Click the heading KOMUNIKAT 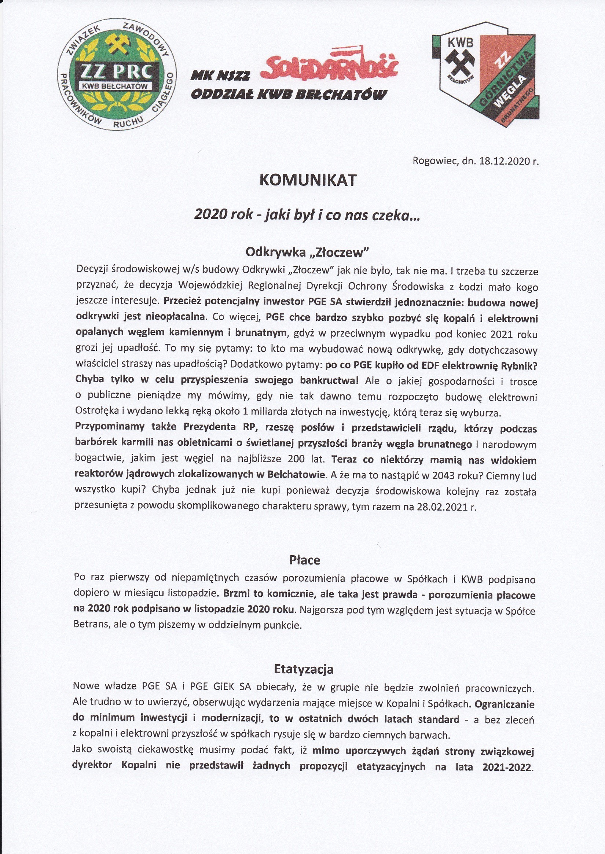308,181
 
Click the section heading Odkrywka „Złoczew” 307,252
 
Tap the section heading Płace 305,560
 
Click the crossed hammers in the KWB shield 460,59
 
